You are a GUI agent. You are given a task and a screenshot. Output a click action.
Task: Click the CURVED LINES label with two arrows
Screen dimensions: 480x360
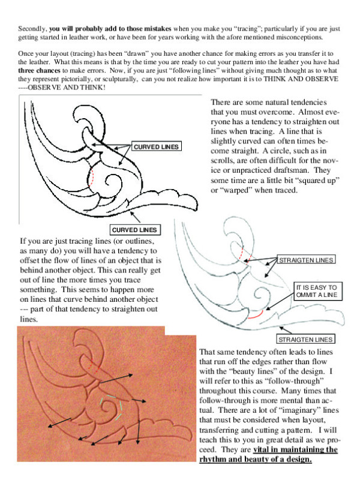(x=156, y=147)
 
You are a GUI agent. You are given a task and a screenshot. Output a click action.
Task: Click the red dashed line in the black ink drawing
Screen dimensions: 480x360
(x=92, y=174)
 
